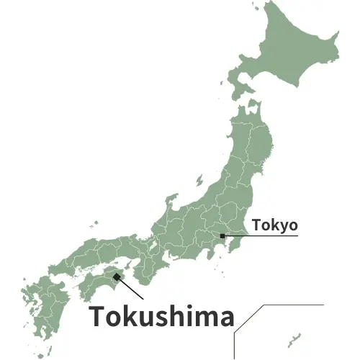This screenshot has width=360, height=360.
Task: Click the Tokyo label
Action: tap(274, 225)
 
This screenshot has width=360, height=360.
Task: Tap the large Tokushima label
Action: tap(161, 318)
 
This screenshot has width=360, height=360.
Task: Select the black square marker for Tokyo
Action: tap(223, 235)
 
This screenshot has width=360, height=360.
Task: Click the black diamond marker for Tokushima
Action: tap(117, 276)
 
